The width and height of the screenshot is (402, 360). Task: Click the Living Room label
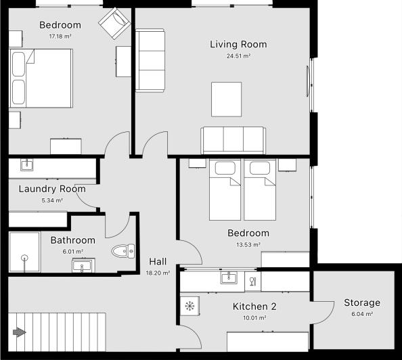(238, 45)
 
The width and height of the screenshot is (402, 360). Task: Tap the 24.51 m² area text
(238, 57)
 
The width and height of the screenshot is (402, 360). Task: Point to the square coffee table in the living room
(226, 99)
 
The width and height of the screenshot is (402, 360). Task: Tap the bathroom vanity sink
(83, 266)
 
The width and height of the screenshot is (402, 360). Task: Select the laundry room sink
(28, 164)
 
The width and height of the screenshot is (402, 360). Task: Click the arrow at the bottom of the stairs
(19, 332)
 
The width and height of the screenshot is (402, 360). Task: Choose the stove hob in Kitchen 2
(189, 306)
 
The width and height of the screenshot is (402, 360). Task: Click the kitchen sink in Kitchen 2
(229, 277)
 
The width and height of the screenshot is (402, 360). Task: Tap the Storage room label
(361, 302)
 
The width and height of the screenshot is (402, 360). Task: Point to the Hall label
(158, 262)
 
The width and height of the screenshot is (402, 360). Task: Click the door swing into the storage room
(322, 310)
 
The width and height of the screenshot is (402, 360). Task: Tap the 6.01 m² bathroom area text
(73, 251)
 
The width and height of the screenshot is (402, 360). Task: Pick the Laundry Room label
(52, 189)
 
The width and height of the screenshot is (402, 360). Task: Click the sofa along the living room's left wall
(150, 60)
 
